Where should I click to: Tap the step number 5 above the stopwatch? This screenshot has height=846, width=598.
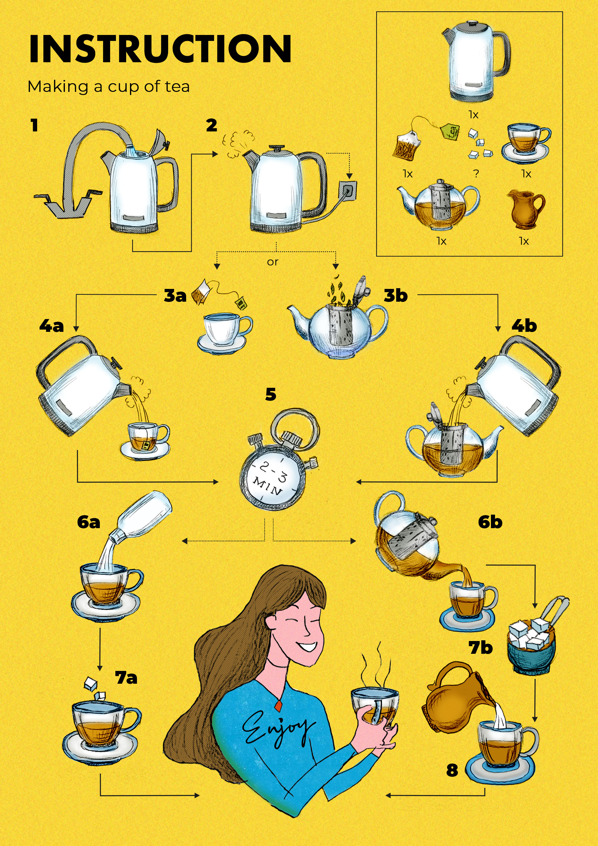(x=271, y=394)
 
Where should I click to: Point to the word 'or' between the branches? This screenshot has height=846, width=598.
(x=273, y=262)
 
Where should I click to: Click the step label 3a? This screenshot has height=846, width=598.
(x=175, y=295)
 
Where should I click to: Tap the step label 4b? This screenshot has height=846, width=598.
(x=524, y=326)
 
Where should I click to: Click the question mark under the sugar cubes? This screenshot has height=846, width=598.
(x=476, y=173)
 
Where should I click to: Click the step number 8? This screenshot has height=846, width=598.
(x=452, y=770)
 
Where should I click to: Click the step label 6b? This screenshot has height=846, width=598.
(x=490, y=522)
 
